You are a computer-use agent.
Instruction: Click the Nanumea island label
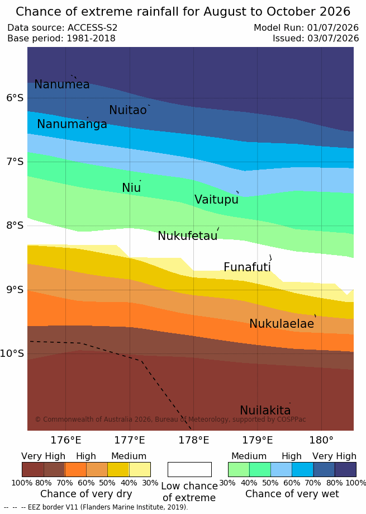[x=62, y=84]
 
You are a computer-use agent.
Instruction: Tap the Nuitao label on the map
[x=127, y=110]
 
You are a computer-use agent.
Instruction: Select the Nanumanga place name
[x=72, y=124]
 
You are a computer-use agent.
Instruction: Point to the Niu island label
[x=131, y=187]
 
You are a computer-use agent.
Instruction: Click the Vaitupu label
[x=216, y=199]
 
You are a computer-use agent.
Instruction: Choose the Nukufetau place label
[x=188, y=235]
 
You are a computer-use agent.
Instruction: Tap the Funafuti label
[x=247, y=267]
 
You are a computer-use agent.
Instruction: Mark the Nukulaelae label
[x=282, y=323]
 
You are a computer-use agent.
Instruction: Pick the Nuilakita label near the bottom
[x=265, y=410]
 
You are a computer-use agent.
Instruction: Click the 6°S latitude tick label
[x=15, y=98]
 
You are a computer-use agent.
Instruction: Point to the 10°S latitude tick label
[x=12, y=353]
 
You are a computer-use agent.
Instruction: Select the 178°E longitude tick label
[x=193, y=440]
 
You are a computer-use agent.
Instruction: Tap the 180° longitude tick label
[x=321, y=440]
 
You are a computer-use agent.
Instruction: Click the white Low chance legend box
[x=189, y=469]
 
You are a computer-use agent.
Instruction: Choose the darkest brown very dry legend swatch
[x=33, y=469]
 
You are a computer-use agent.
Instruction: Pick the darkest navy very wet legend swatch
[x=345, y=469]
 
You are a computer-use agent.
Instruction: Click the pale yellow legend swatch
[x=140, y=469]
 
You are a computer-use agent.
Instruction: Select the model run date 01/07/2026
[x=333, y=28]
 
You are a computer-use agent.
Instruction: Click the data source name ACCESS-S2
[x=92, y=28]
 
